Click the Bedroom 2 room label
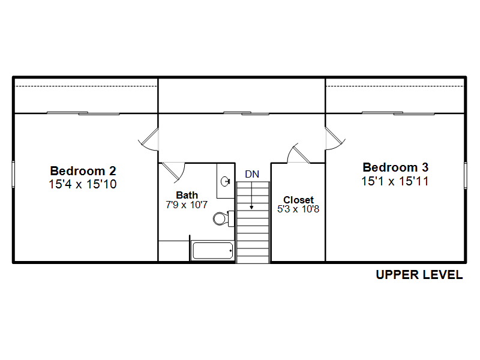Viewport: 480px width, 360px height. coord(83,171)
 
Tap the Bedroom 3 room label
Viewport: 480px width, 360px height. coord(395,167)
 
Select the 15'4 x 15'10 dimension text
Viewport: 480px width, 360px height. coord(83,184)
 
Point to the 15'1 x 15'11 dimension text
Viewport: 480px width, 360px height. coord(395,181)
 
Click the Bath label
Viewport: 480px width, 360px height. coord(187,195)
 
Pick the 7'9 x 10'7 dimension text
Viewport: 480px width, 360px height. coord(187,205)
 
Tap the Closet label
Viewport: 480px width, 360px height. coord(298,200)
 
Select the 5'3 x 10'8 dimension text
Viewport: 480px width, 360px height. coord(298,209)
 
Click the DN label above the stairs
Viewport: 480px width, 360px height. coord(252,174)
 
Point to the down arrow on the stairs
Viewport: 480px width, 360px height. coord(251,196)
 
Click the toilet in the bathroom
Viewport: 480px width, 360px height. coord(223,218)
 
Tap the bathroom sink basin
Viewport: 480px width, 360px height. coord(226,181)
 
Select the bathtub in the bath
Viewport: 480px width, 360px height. coord(212,251)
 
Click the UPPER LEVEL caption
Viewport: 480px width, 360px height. coord(419,275)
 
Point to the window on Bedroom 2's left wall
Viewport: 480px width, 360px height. coord(13,174)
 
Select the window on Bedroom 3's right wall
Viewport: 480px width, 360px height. coord(466,175)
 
